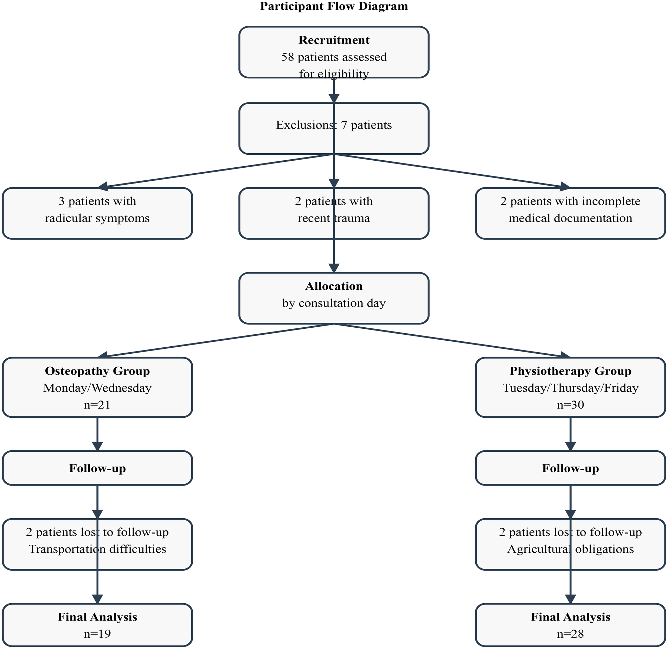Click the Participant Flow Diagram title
pos(334,6)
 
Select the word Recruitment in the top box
pos(334,40)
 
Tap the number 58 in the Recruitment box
pos(288,57)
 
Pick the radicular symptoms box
pos(97,213)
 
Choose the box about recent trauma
pos(334,213)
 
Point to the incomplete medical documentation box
pos(570,213)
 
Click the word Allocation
pos(334,286)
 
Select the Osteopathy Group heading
pos(97,371)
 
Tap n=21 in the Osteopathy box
pos(97,405)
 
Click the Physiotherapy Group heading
pos(570,371)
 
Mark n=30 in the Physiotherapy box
pos(570,405)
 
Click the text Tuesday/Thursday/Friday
pos(570,388)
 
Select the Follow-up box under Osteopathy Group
pos(97,468)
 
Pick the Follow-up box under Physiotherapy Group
pos(570,468)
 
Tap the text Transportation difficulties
pos(97,549)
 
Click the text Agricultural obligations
pos(570,549)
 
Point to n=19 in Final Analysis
pos(97,634)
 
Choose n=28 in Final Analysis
pos(570,634)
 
